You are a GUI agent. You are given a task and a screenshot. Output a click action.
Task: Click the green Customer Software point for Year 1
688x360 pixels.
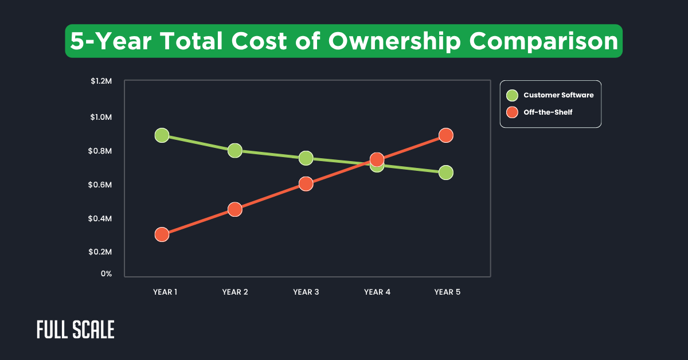point(162,135)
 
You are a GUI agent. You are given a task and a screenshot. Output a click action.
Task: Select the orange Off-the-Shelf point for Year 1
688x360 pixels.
point(162,234)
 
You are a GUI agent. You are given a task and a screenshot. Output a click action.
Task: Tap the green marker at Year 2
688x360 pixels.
point(234,151)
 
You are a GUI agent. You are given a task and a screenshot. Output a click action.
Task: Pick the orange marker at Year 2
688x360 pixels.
point(234,209)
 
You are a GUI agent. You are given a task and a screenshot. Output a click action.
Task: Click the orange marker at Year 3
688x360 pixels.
point(306,184)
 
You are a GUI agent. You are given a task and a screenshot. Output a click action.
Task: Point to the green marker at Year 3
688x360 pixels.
point(306,158)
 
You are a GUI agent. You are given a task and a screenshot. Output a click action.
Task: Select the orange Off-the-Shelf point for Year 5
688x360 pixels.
point(446,135)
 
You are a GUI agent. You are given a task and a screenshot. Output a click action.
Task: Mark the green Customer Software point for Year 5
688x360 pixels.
point(446,173)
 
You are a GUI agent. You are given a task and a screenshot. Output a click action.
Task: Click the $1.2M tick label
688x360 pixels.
point(101,81)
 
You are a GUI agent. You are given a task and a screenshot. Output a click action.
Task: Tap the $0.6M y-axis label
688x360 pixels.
point(101,185)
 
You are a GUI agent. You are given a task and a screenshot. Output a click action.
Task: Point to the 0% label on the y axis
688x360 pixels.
point(106,274)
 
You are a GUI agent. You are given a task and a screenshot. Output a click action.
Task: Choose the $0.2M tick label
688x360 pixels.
point(101,252)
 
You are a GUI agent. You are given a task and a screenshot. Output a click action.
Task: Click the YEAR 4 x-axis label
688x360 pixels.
point(377,292)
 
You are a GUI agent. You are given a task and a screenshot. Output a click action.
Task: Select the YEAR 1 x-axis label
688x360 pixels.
point(165,292)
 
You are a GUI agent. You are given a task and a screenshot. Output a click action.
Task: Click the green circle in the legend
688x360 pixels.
point(512,95)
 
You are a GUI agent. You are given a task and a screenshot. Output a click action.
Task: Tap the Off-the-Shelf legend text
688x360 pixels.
point(548,112)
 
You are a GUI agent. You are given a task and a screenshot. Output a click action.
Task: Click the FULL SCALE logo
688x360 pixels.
point(76,330)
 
